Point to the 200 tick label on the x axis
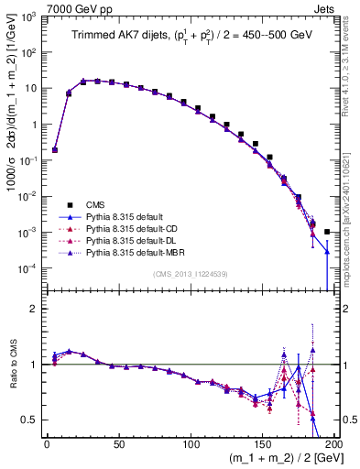(333, 443)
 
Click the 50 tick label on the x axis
(119, 443)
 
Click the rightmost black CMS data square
(327, 232)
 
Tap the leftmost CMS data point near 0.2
(54, 149)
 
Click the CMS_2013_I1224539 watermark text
(190, 274)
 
